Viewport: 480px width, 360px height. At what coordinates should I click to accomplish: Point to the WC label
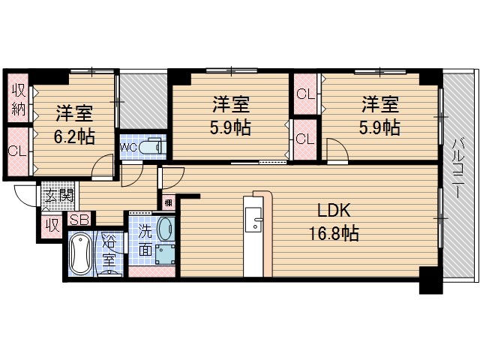tap(128, 147)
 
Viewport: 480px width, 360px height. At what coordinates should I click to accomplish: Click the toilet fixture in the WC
tap(151, 147)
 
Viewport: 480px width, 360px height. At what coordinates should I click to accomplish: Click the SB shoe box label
tap(78, 220)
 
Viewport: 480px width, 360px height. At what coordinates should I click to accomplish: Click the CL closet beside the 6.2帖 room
tap(17, 150)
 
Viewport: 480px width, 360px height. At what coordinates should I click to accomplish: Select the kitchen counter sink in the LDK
tap(257, 223)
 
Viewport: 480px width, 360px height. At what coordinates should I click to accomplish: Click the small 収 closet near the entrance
tap(51, 225)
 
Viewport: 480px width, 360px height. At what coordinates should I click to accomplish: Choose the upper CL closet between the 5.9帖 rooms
tap(304, 94)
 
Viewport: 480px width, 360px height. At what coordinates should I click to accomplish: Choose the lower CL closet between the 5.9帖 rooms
tap(304, 139)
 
